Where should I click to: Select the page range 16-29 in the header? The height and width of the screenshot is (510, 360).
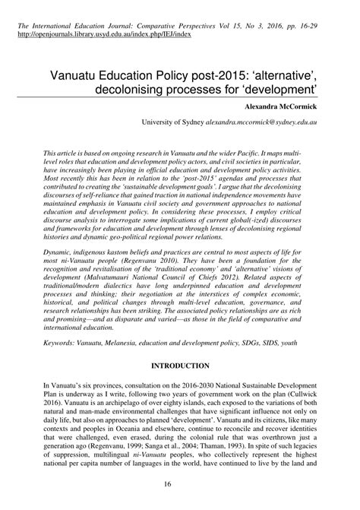tap(318, 24)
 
